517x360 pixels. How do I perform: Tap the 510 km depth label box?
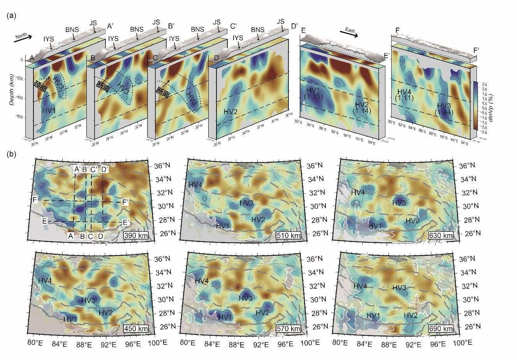pyautogui.click(x=288, y=235)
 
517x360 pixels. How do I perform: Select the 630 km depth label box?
pyautogui.click(x=441, y=235)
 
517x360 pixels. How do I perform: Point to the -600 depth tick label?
pyautogui.click(x=18, y=117)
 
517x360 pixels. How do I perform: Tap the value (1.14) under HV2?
pyautogui.click(x=362, y=111)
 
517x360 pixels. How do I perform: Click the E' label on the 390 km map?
pyautogui.click(x=126, y=222)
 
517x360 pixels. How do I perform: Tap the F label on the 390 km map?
pyautogui.click(x=35, y=201)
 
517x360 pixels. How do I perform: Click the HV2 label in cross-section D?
pyautogui.click(x=231, y=111)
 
